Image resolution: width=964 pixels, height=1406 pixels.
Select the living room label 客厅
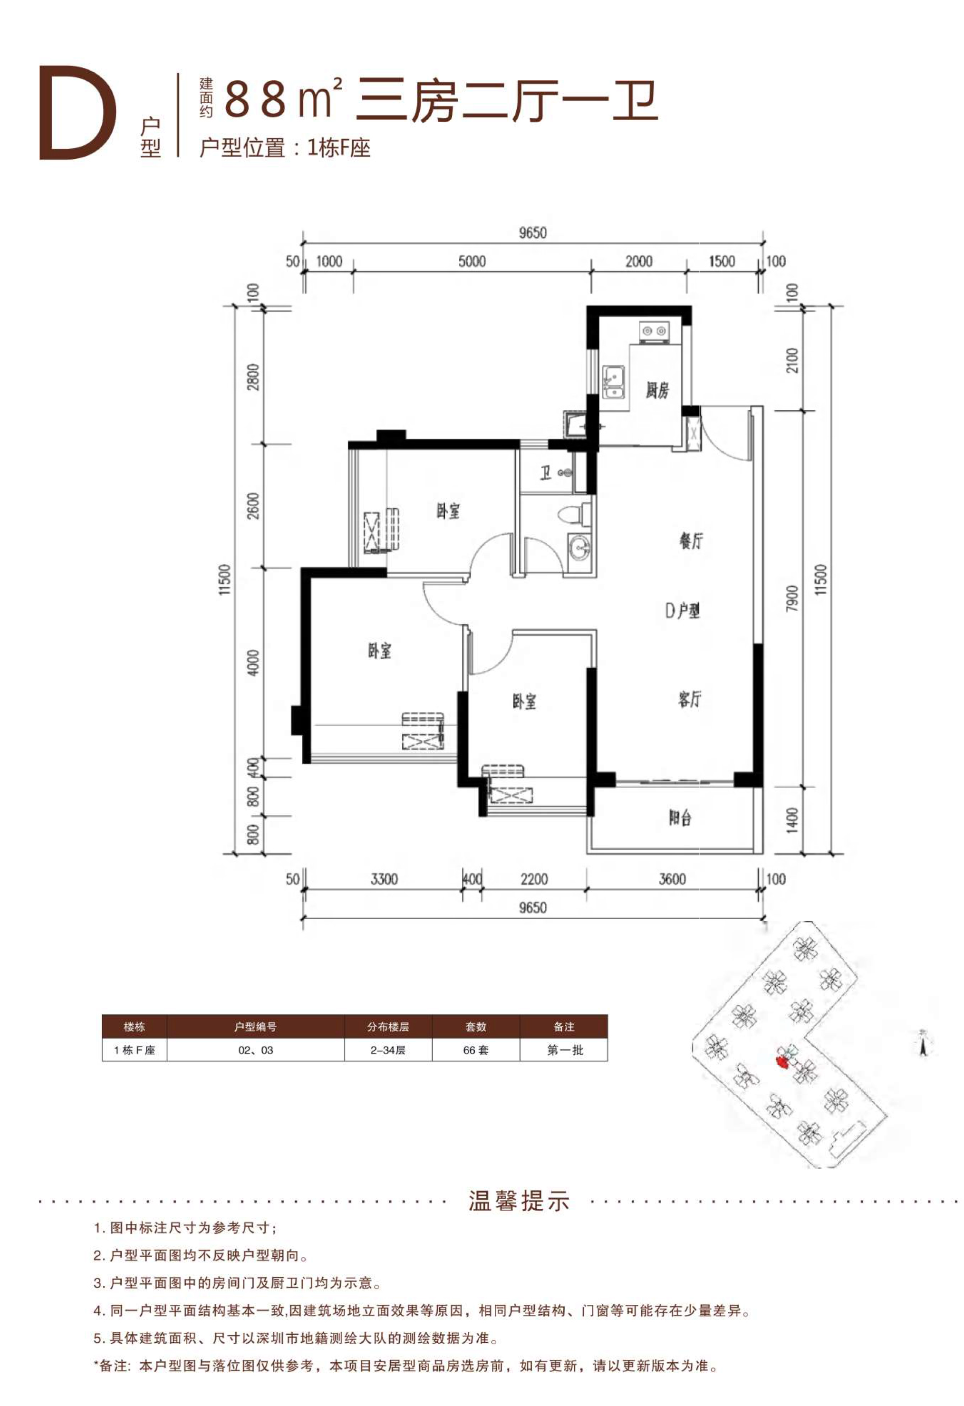click(x=690, y=699)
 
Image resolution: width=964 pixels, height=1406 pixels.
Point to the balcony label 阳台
click(x=680, y=818)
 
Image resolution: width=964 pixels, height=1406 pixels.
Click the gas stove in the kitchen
click(x=655, y=331)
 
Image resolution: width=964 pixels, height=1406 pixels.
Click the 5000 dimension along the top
click(x=472, y=261)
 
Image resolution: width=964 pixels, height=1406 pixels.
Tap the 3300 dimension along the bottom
click(x=384, y=879)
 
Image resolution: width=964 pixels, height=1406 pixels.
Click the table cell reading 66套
click(x=476, y=1050)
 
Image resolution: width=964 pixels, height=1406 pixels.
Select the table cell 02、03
click(x=255, y=1050)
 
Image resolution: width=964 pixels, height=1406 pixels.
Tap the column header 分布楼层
click(x=388, y=1027)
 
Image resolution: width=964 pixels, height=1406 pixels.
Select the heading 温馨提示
click(x=519, y=1202)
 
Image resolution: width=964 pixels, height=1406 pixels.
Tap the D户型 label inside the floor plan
click(x=683, y=610)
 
